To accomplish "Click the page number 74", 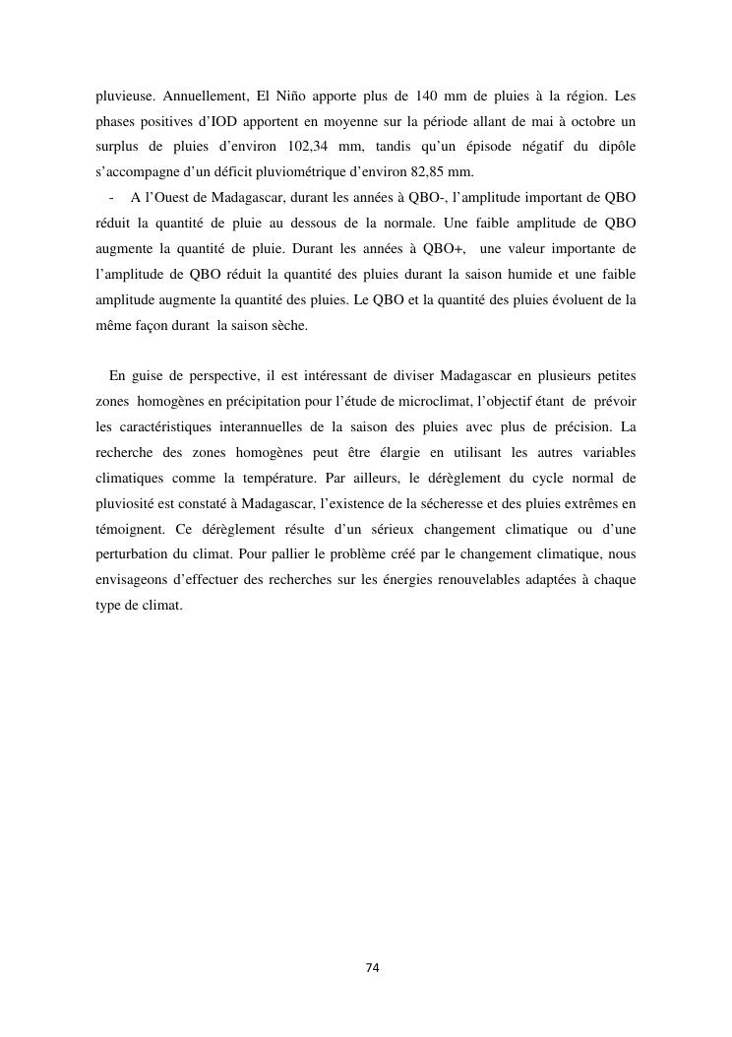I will [x=372, y=968].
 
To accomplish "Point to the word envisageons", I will [x=137, y=580].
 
